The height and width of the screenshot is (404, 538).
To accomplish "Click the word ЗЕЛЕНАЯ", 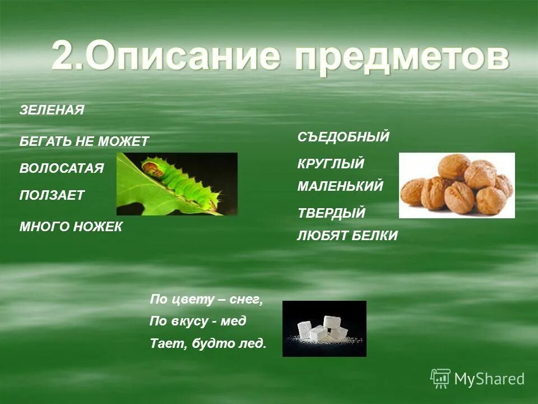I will (x=52, y=111).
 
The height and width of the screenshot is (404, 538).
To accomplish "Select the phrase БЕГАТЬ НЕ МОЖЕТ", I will (x=84, y=141).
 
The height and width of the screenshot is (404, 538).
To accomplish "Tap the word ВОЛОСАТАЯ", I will (x=62, y=168).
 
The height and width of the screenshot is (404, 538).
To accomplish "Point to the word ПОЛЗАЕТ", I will (x=52, y=195).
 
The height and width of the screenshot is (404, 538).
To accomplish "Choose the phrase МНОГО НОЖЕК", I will (x=71, y=227).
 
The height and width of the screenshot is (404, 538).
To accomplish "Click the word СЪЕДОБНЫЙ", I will (x=343, y=136).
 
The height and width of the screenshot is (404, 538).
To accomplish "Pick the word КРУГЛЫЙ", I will (x=331, y=164).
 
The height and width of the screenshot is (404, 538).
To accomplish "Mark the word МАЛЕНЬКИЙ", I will (x=340, y=186).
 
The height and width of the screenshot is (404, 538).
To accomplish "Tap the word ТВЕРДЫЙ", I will (x=331, y=213).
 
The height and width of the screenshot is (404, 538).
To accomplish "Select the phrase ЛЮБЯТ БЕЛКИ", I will (x=347, y=236).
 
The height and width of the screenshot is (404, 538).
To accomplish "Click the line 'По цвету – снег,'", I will (x=206, y=300).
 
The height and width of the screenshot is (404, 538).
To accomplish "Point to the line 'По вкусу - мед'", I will (x=198, y=322).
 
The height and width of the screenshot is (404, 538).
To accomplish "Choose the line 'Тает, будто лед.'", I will (x=208, y=343).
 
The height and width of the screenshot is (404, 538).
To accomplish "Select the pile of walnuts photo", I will (x=457, y=185).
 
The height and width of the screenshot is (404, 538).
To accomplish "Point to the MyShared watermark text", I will (x=489, y=379).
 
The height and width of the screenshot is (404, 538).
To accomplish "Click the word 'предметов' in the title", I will (x=402, y=57).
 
